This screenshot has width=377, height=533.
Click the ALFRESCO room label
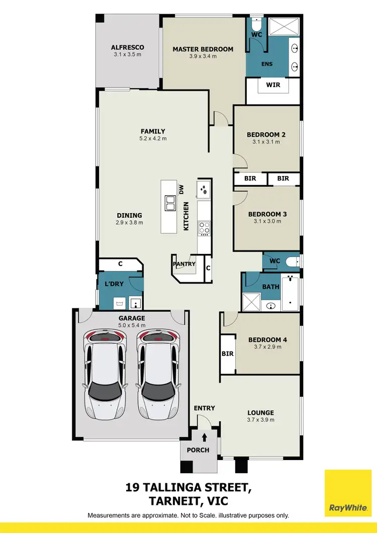128,47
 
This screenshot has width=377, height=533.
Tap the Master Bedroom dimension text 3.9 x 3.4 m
203,56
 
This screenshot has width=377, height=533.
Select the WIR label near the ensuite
273,85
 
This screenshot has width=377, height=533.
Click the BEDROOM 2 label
266,134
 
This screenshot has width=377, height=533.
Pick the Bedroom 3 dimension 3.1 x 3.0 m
267,222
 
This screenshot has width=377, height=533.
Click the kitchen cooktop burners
205,227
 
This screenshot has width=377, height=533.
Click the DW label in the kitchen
182,189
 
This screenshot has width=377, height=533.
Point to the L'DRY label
114,284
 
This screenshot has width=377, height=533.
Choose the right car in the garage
158,375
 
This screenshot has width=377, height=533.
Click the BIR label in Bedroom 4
228,354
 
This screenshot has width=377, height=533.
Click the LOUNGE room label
260,412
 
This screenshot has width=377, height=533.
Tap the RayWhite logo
347,493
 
